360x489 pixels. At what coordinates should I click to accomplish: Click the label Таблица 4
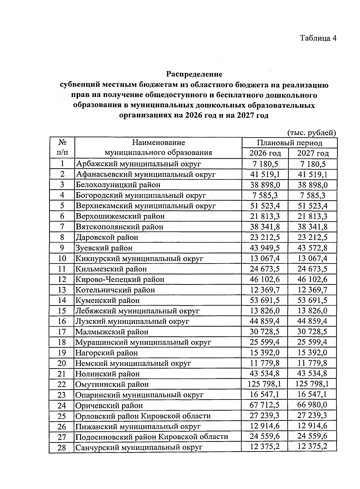tap(318, 38)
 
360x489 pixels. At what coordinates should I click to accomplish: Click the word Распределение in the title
tap(194, 74)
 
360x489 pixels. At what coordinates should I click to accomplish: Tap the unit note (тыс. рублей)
tap(311, 133)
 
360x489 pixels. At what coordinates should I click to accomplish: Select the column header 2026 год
tap(265, 153)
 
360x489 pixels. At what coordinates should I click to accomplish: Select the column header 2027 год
tap(313, 153)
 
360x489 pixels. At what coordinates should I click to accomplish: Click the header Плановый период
tap(289, 143)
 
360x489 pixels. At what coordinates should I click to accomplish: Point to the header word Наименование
tap(158, 142)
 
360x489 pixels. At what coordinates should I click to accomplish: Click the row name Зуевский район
tap(104, 248)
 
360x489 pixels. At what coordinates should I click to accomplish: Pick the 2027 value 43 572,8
tap(312, 248)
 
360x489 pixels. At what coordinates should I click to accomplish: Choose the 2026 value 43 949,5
tap(265, 248)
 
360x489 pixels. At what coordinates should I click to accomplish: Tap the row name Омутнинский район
tap(112, 384)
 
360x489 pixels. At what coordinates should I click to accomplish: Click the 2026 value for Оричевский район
tap(265, 405)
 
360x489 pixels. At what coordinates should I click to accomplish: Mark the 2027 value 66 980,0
tap(312, 405)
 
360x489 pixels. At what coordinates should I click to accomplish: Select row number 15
tap(61, 311)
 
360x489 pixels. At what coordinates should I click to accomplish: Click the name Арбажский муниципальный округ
tap(138, 164)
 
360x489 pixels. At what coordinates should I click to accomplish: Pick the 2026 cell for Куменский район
tap(265, 300)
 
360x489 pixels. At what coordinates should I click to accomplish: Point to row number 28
tap(61, 448)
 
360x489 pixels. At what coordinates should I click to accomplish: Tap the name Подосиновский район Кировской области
tap(151, 437)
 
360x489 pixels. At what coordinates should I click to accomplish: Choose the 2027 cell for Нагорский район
tap(312, 352)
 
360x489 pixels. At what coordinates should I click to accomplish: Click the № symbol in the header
tap(62, 142)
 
